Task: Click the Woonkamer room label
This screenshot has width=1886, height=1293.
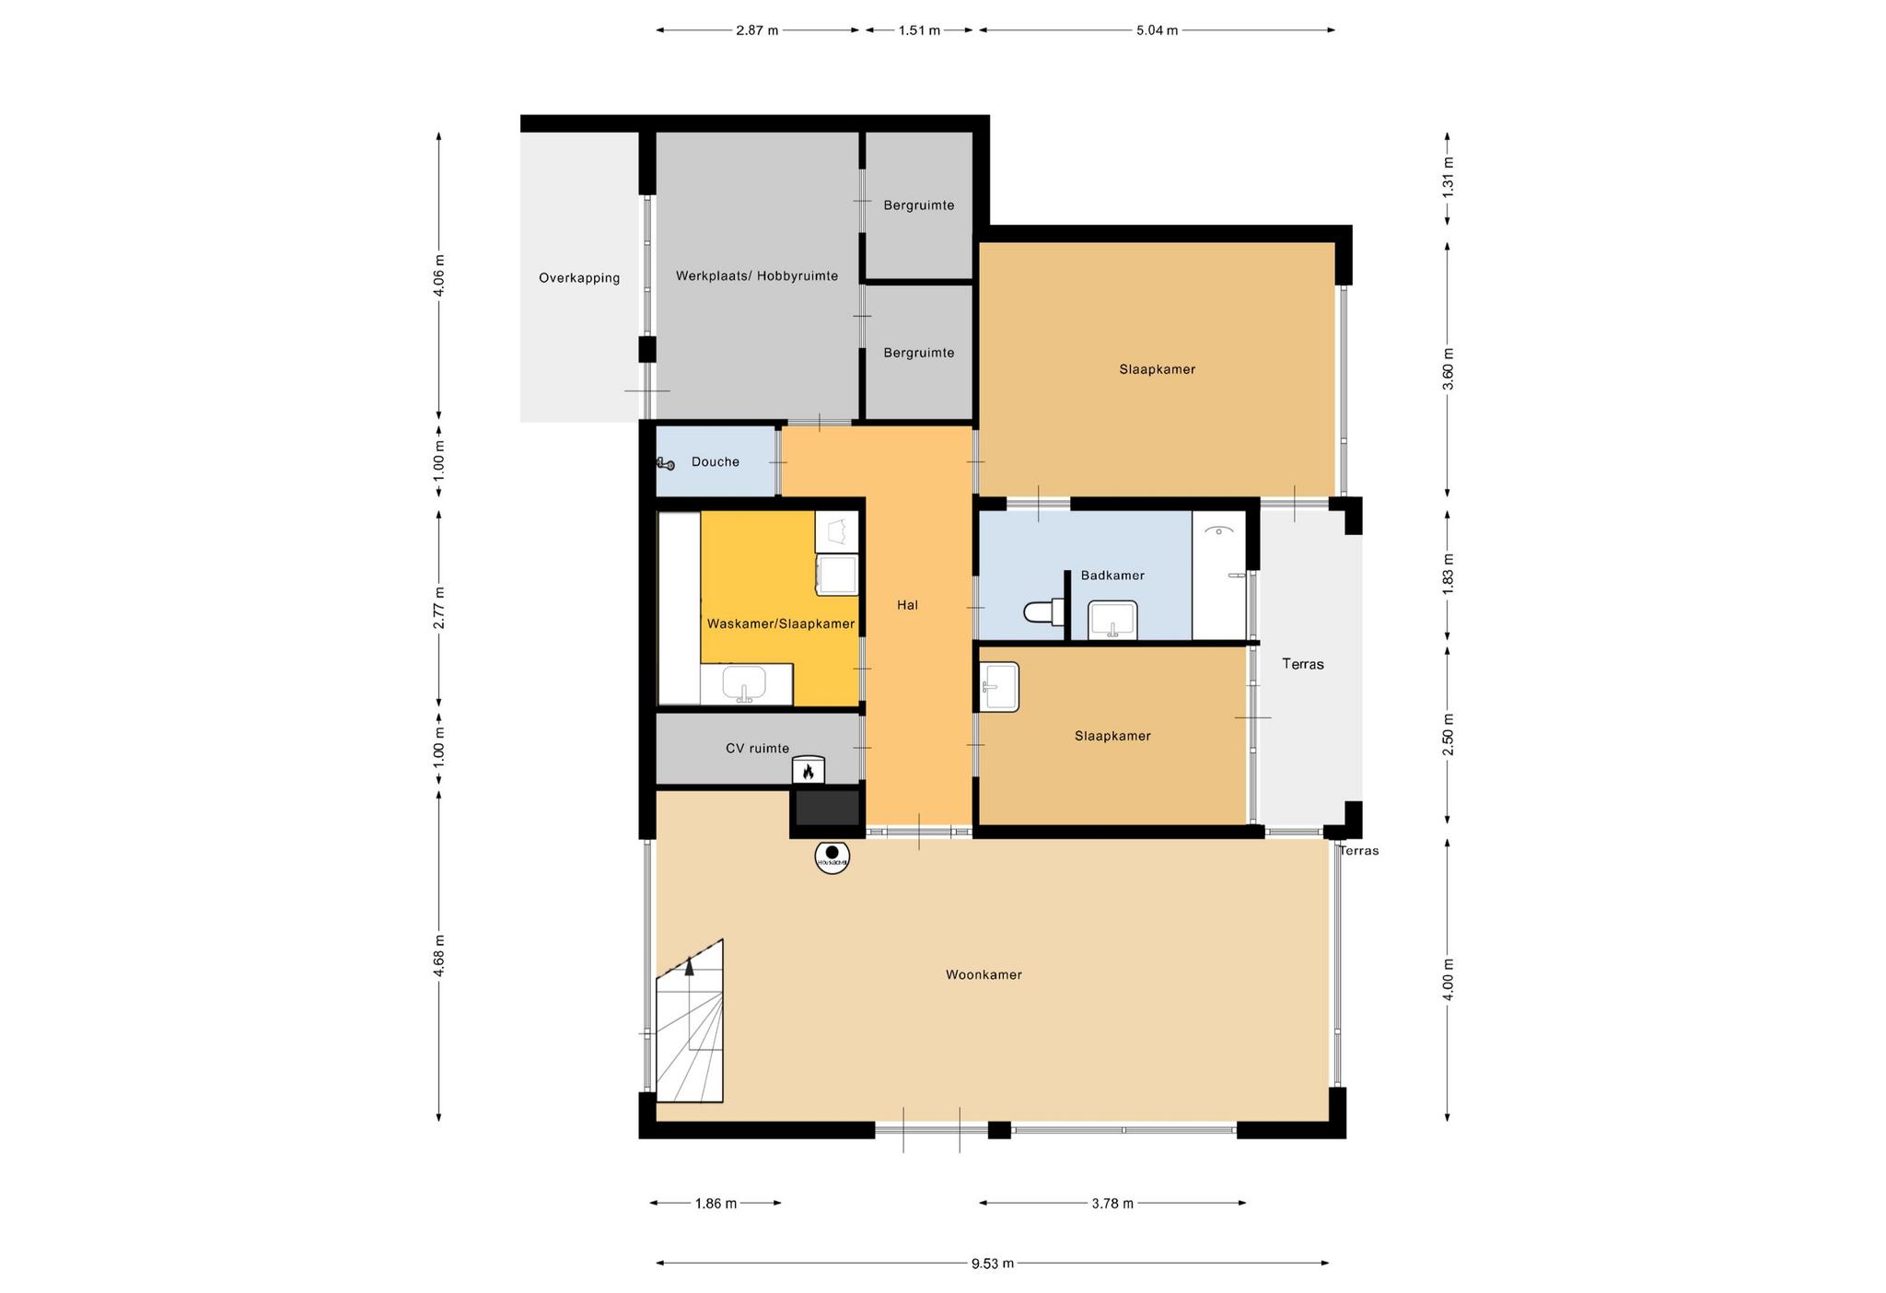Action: [984, 974]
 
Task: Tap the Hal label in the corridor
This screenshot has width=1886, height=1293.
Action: [907, 605]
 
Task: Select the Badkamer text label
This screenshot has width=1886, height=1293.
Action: [1112, 576]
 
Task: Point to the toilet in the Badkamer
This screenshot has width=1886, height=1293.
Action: [1044, 611]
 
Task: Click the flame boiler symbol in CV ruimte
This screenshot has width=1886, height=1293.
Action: [809, 770]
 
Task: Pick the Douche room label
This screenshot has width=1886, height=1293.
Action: [716, 461]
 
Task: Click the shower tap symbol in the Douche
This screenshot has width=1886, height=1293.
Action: [666, 464]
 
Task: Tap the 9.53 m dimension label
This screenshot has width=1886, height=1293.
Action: [993, 1264]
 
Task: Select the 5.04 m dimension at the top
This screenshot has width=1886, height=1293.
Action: [1157, 30]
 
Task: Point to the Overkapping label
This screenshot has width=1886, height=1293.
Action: [579, 278]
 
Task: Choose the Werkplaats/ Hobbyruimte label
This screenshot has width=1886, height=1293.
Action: [757, 275]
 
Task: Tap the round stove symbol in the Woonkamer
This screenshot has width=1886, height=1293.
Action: [832, 857]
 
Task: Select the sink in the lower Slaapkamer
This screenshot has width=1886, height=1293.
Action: [999, 687]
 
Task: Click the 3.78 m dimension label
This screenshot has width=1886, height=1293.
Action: [1112, 1203]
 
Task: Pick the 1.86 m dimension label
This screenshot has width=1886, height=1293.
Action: [716, 1203]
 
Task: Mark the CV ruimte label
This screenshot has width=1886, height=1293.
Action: [757, 749]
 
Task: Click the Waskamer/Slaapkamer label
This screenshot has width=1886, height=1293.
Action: [781, 623]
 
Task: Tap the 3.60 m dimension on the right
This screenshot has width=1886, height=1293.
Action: [1448, 368]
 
